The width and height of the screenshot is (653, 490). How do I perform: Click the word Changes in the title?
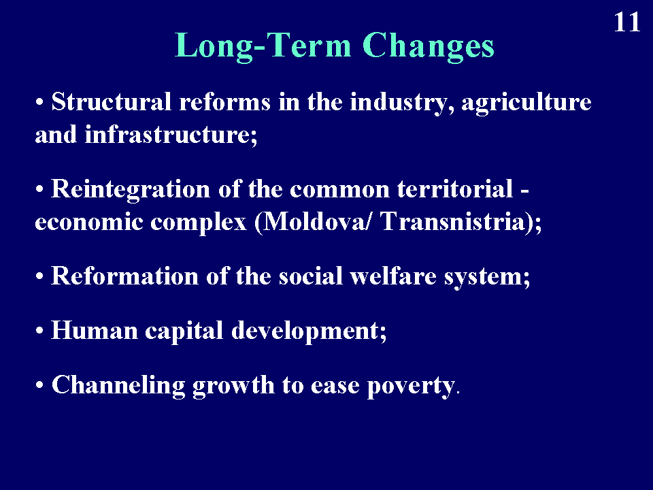tap(428, 46)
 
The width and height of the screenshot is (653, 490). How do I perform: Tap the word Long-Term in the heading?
tap(263, 46)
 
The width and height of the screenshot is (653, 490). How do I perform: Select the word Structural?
tap(111, 101)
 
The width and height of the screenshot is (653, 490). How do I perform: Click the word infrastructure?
tap(168, 135)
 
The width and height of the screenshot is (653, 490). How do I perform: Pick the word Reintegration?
tap(131, 190)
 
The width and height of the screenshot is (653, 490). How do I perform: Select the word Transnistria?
tap(452, 221)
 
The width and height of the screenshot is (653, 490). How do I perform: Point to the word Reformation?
tap(124, 276)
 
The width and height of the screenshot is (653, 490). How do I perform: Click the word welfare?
tap(392, 276)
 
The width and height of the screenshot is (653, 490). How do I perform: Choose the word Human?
tap(94, 331)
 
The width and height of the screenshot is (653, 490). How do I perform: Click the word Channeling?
tap(118, 385)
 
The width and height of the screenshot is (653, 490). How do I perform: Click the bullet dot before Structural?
tap(39, 102)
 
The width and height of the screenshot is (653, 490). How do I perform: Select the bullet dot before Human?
tap(39, 331)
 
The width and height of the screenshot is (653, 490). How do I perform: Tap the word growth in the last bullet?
tap(233, 386)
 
